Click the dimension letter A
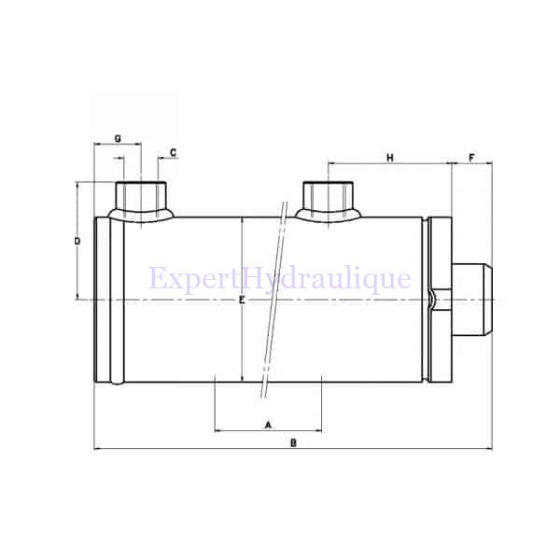click(269, 424)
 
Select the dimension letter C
click(174, 151)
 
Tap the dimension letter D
click(77, 241)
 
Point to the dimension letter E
click(241, 301)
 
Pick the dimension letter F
click(471, 158)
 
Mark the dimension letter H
click(389, 158)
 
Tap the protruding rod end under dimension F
click(471, 299)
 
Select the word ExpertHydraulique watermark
click(280, 279)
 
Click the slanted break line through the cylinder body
click(273, 299)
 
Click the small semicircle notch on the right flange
click(431, 299)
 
